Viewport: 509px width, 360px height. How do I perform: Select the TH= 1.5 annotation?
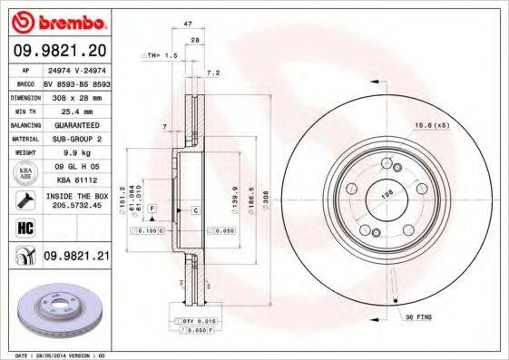pyautogui.click(x=160, y=56)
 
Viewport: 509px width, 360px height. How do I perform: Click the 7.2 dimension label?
pyautogui.click(x=214, y=72)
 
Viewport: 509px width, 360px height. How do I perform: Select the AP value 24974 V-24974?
pyautogui.click(x=77, y=68)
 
